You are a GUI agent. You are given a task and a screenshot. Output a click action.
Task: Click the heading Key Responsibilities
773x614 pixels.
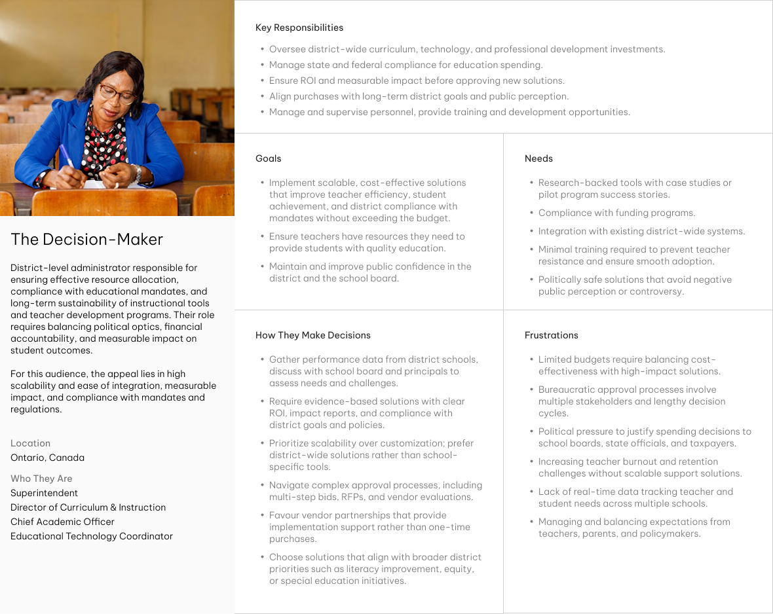[299, 27]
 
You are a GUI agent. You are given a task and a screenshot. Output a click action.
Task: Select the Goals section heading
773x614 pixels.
[268, 158]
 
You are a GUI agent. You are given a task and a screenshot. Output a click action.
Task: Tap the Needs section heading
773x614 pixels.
[538, 158]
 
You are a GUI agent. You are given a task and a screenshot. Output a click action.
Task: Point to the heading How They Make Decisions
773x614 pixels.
[312, 335]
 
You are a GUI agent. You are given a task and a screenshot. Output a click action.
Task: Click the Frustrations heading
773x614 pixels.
[551, 335]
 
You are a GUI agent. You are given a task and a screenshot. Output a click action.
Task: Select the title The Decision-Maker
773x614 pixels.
[86, 239]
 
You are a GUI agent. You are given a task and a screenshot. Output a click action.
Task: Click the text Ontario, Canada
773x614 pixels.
[47, 458]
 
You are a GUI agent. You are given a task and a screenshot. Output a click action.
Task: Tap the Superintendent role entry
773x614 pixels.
[44, 493]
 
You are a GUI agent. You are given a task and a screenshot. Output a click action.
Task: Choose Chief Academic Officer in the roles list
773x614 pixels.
[62, 522]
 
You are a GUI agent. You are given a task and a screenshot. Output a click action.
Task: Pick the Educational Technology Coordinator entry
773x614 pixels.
[92, 536]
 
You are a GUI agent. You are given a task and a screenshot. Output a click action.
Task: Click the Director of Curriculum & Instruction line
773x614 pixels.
[88, 507]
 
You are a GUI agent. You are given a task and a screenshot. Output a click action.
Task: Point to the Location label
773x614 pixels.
[30, 443]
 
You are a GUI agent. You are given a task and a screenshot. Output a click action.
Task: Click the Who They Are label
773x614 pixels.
[41, 479]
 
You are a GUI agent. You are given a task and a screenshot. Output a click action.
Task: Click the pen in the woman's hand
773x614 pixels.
[67, 157]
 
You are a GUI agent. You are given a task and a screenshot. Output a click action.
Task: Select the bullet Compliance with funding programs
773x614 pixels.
[616, 213]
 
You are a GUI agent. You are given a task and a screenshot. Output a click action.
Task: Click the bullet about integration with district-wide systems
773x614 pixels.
[641, 231]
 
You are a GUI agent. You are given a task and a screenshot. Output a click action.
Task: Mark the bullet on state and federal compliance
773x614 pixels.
[405, 65]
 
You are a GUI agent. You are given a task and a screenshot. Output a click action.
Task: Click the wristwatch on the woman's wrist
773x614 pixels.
[138, 173]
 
